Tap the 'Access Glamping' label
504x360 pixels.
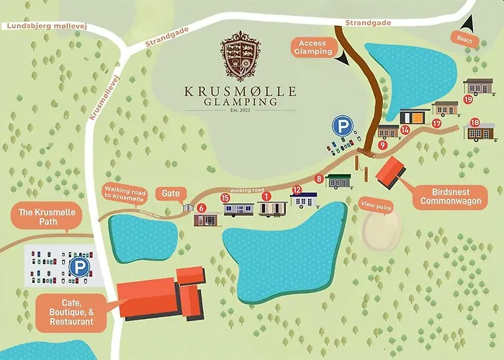313,48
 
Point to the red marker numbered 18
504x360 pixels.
474,122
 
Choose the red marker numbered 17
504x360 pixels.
436,123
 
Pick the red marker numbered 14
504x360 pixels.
405,130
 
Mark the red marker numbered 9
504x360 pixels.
382,145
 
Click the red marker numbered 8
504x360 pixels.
320,179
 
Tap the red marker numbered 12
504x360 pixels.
296,190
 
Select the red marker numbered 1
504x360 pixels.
266,196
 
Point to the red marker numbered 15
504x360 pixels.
225,197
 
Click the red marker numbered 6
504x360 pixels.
202,207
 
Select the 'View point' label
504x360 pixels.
376,205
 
